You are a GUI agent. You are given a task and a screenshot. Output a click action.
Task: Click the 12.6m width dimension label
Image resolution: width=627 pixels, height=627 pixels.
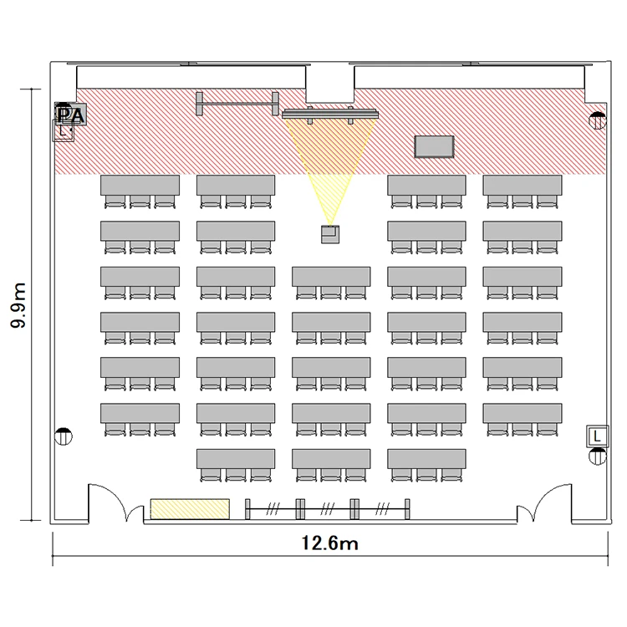[x=329, y=543]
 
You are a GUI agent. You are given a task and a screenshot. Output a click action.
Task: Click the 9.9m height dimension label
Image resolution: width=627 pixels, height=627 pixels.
[x=18, y=305]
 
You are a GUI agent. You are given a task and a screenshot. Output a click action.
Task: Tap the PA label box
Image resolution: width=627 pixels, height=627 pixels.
[x=70, y=114]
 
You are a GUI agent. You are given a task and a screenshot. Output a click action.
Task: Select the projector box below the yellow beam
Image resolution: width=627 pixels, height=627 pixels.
[x=330, y=234]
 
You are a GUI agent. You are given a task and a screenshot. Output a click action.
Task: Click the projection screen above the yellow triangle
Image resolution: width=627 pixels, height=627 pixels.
[x=330, y=115]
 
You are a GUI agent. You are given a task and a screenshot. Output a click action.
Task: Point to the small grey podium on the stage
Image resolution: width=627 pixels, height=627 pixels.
[x=434, y=147]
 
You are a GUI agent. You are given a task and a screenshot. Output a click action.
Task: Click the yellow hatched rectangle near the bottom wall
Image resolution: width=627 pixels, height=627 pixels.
[x=190, y=508]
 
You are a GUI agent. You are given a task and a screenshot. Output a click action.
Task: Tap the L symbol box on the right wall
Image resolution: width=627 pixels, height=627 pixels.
[x=598, y=436]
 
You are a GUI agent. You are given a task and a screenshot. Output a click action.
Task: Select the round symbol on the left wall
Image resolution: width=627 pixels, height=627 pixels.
[x=64, y=436]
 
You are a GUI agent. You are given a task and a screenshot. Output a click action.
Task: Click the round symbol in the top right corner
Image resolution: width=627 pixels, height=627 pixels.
[x=598, y=120]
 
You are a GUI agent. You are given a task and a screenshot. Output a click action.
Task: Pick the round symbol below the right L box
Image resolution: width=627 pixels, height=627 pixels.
[x=598, y=456]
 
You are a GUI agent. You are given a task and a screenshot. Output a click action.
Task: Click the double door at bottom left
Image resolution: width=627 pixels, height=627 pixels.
[x=116, y=502]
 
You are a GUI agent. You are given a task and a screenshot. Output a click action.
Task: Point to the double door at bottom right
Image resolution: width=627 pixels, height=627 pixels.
[x=544, y=502]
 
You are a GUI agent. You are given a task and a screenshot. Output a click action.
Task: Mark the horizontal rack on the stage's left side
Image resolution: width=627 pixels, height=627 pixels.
[x=237, y=104]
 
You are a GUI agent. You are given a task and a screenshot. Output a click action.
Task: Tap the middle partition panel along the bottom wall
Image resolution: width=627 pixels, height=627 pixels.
[x=327, y=509]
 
